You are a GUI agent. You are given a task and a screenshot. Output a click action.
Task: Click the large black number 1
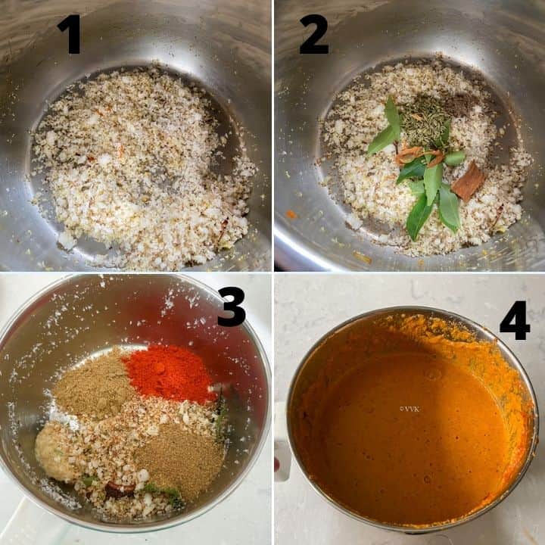71,34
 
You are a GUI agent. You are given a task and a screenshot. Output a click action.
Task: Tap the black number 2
313,34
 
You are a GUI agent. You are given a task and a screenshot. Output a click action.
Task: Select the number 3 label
231,307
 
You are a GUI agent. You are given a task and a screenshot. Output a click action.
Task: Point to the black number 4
515,320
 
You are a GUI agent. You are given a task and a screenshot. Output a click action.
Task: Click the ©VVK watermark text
410,409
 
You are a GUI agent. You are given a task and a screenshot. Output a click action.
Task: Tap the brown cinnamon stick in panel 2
469,181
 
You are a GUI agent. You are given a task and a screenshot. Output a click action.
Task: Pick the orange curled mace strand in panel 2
417,156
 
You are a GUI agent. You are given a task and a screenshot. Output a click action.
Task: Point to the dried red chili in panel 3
120,489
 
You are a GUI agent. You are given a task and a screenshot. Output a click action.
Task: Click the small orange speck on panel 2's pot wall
291,214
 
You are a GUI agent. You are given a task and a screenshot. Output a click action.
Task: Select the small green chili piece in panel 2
455,158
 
